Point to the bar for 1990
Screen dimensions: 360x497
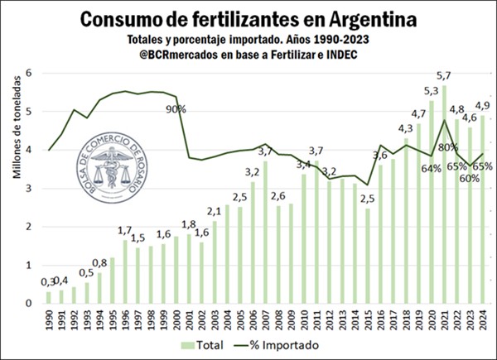(x=48, y=297)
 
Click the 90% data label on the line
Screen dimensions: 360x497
(x=176, y=108)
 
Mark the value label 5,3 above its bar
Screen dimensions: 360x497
(x=432, y=91)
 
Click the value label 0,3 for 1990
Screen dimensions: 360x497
(x=48, y=283)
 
